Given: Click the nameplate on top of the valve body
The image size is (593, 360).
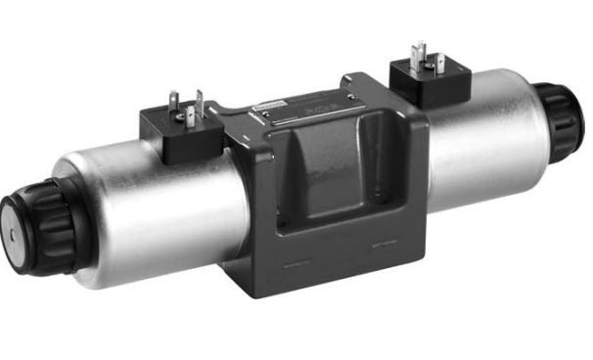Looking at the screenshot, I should pos(294,109).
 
